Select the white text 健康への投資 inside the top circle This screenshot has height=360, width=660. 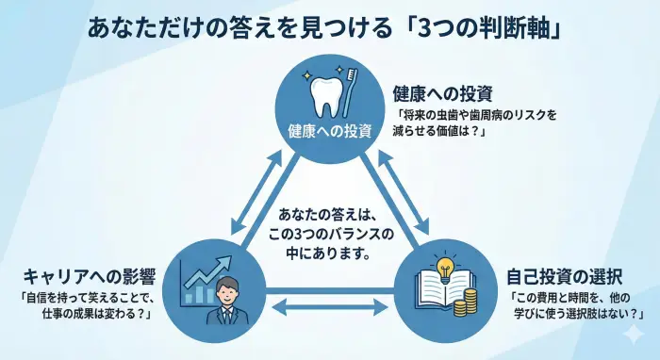[x=329, y=130]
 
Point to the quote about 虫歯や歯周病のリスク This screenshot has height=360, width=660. [x=477, y=123]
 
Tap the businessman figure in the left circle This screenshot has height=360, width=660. [x=225, y=301]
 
